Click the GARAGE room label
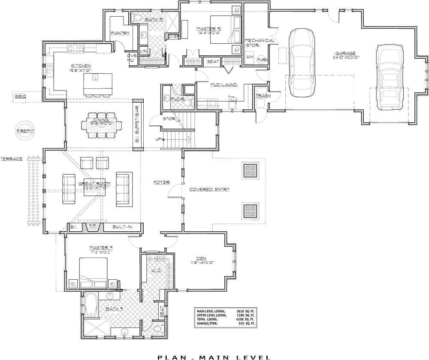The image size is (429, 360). click(345, 53)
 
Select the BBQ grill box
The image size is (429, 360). click(21, 97)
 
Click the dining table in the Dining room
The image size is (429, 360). click(98, 125)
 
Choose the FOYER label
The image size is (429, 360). click(162, 182)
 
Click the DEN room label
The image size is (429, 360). click(201, 258)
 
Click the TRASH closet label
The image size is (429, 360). click(263, 96)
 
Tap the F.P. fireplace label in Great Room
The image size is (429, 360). click(92, 226)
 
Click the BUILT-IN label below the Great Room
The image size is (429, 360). click(122, 226)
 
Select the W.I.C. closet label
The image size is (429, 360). click(156, 271)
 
